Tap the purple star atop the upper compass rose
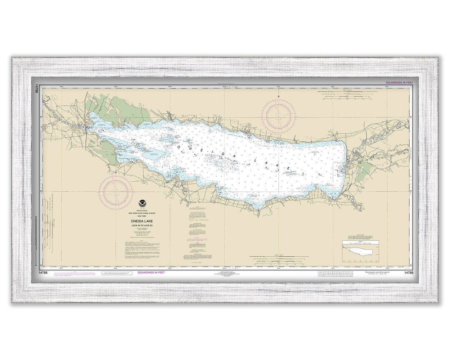(278, 97)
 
